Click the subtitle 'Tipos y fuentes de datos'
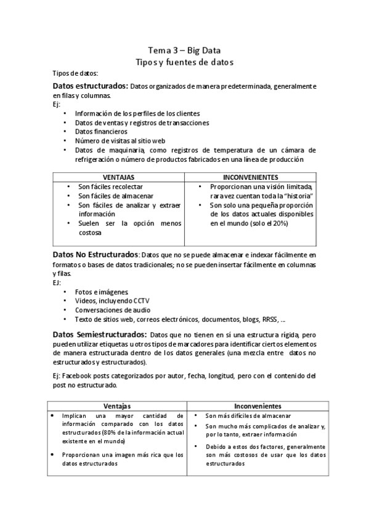pyautogui.click(x=184, y=62)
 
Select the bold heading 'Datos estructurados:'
pyautogui.click(x=91, y=86)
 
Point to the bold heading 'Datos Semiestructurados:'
pyautogui.click(x=99, y=334)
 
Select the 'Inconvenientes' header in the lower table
pyautogui.click(x=258, y=406)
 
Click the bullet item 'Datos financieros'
pyautogui.click(x=101, y=131)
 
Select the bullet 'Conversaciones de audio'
pyautogui.click(x=113, y=310)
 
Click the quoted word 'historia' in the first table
pyautogui.click(x=298, y=196)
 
